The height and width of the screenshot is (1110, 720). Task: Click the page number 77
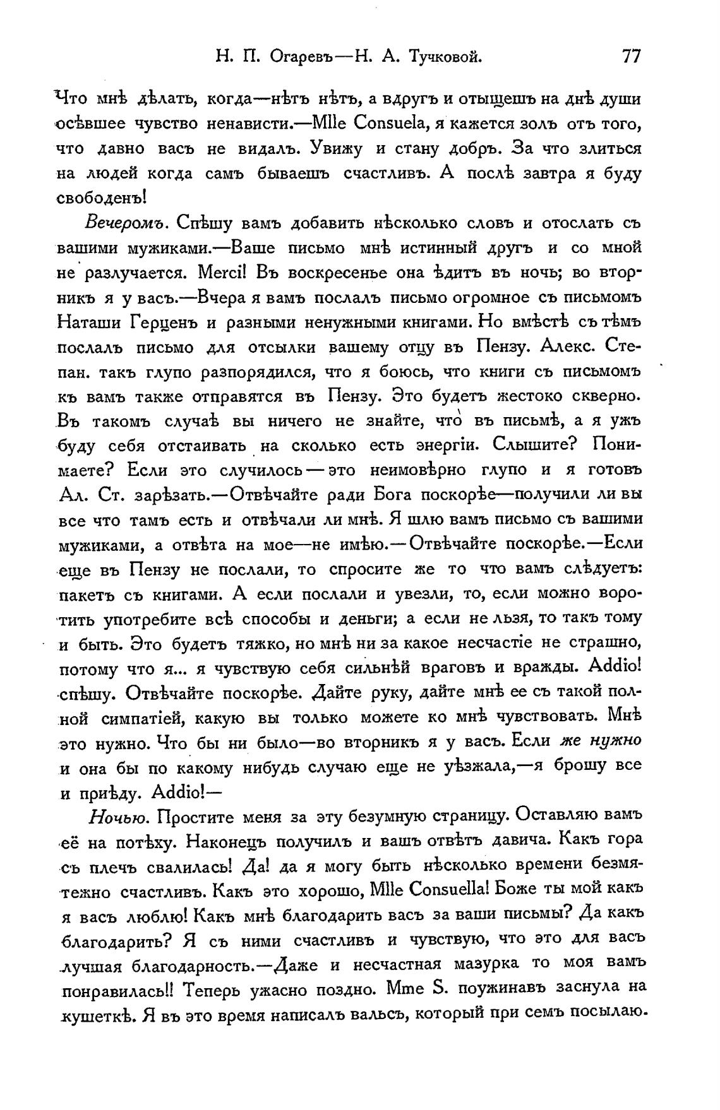[631, 57]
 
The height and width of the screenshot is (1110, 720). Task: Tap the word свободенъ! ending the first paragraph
[102, 198]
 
